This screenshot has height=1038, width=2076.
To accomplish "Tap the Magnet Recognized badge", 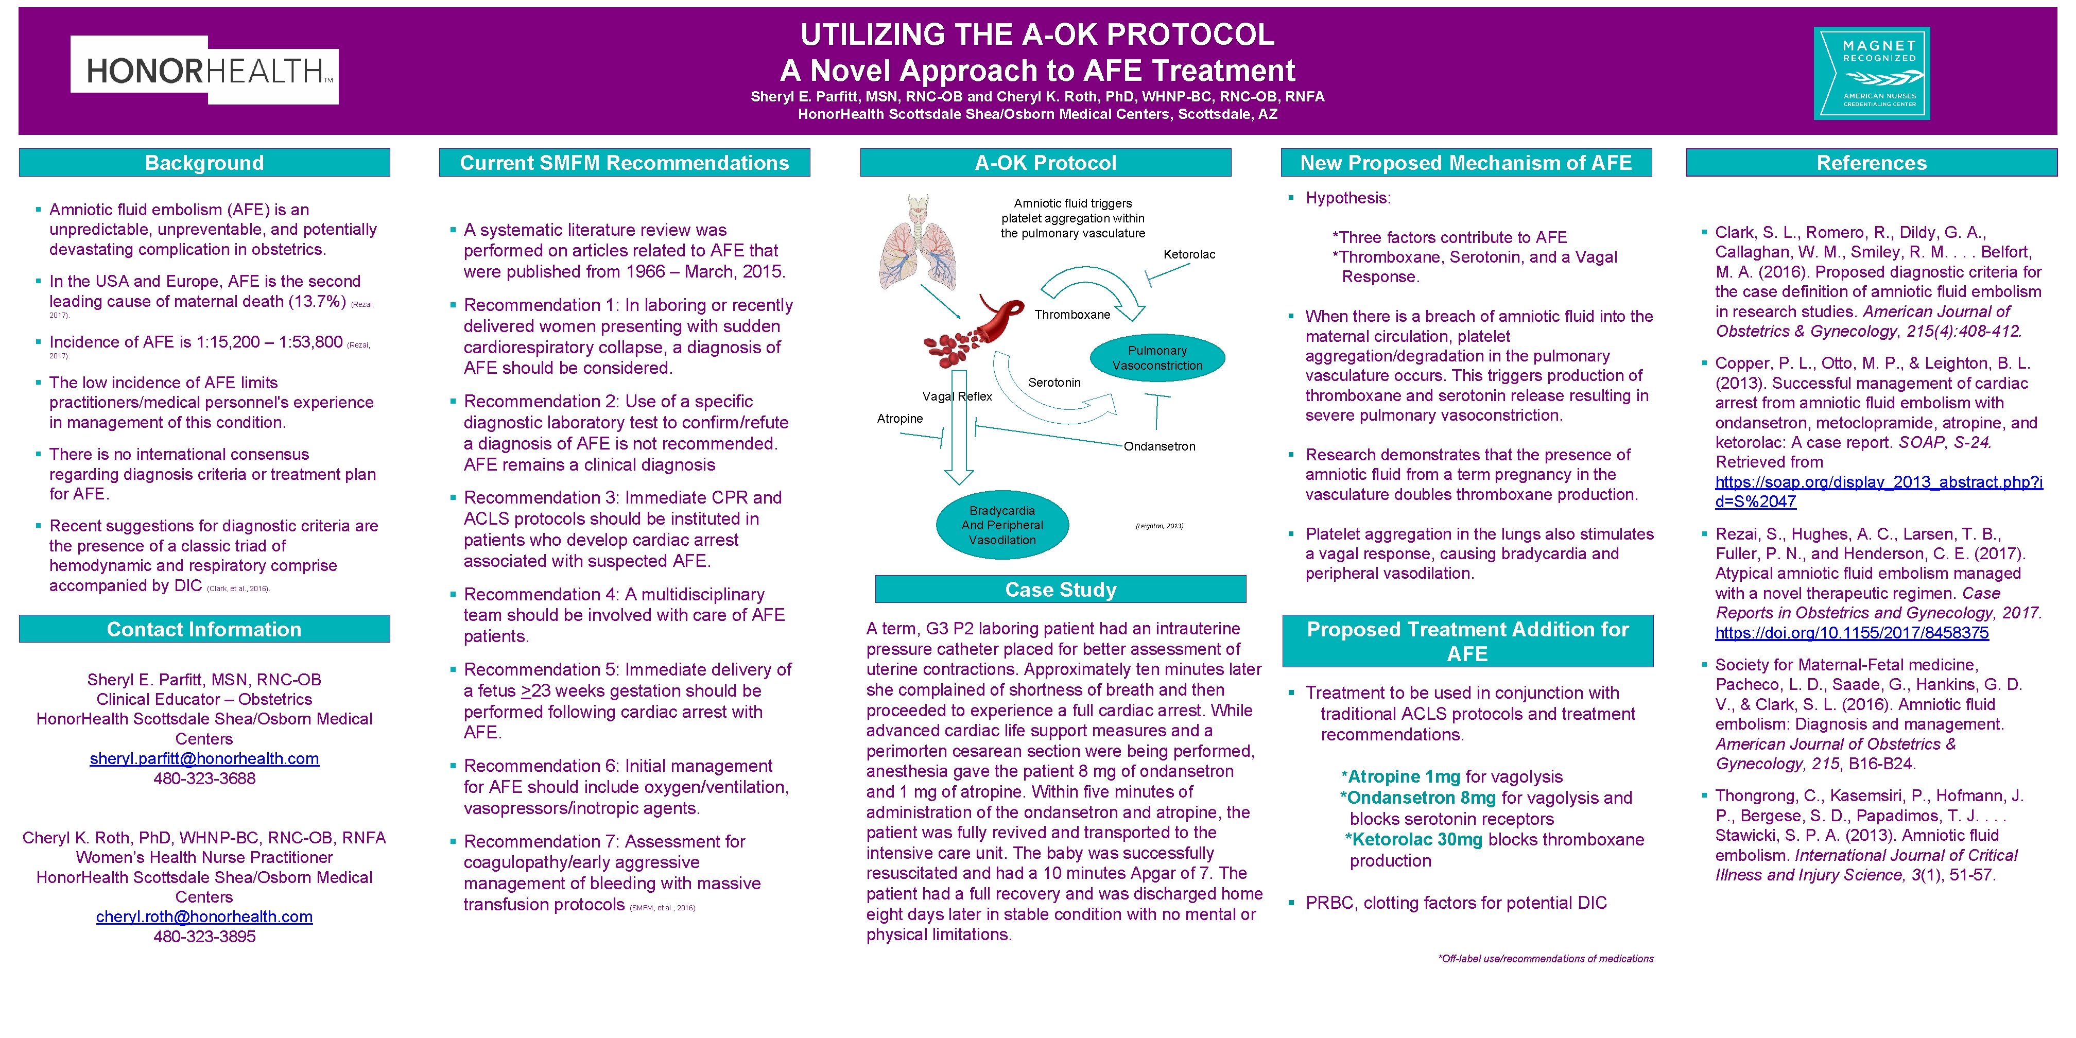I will point(1871,73).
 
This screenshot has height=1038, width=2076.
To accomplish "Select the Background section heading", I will point(205,163).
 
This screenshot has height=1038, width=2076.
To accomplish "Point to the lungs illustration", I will point(919,242).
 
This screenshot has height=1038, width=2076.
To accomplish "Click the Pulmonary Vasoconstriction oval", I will point(1157,358).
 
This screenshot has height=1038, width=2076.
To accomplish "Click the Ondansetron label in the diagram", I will point(1160,446).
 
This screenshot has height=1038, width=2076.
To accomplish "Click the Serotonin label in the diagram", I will point(1054,383).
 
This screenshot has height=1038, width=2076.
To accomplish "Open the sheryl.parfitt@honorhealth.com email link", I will point(205,759).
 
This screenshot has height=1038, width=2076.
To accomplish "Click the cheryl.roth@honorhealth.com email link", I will point(205,917).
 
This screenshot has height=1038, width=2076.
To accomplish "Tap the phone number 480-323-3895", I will point(205,937).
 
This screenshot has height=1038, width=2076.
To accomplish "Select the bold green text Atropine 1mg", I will point(1404,777).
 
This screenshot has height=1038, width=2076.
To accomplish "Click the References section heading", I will point(1871,163).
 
